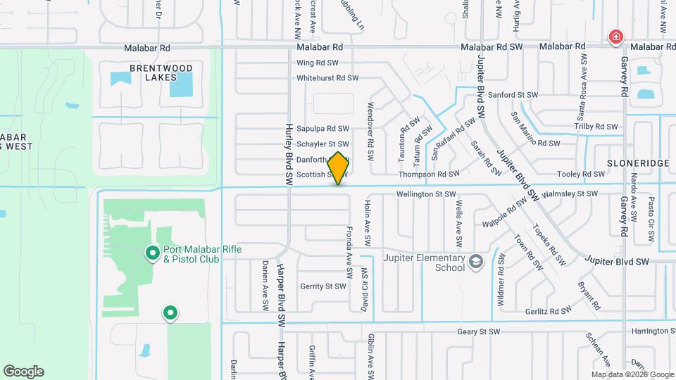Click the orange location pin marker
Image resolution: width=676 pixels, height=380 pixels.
pos(339,168)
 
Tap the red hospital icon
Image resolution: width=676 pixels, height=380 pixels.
pos(616,36)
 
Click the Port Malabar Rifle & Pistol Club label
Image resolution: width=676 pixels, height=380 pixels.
pos(191,254)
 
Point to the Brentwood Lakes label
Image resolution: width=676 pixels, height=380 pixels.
pos(151,72)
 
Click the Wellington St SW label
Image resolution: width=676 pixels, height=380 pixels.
pos(427,194)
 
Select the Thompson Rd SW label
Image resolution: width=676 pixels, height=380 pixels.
pos(429,174)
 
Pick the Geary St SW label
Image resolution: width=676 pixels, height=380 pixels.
pos(478,331)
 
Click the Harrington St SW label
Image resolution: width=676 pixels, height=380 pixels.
pos(640,331)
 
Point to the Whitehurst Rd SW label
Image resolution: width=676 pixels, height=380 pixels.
pos(327,78)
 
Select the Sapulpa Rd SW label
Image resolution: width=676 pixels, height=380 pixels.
pos(323,129)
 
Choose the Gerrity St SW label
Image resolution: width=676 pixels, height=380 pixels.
pos(323,286)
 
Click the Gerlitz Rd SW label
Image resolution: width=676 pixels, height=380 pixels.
pos(548,310)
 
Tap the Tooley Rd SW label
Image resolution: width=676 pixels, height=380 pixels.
pos(580,174)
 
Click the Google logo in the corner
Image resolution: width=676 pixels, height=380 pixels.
pos(23,372)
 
